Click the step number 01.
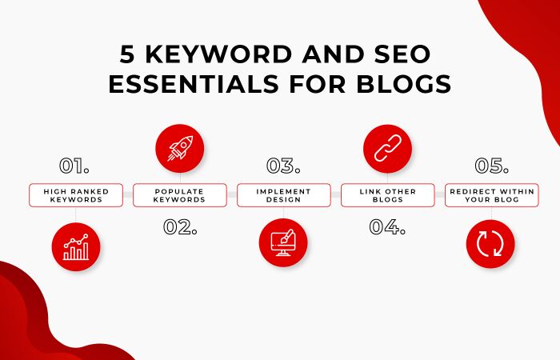coord(74,166)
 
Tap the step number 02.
coord(179,226)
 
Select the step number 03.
coord(283,166)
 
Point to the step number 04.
coord(387,226)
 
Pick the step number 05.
coord(491,166)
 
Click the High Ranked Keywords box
coord(75,196)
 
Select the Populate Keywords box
coord(179,196)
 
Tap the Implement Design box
coord(283,196)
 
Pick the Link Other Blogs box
coord(387,196)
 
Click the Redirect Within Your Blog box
coord(490,196)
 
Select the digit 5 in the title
coord(126,54)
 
